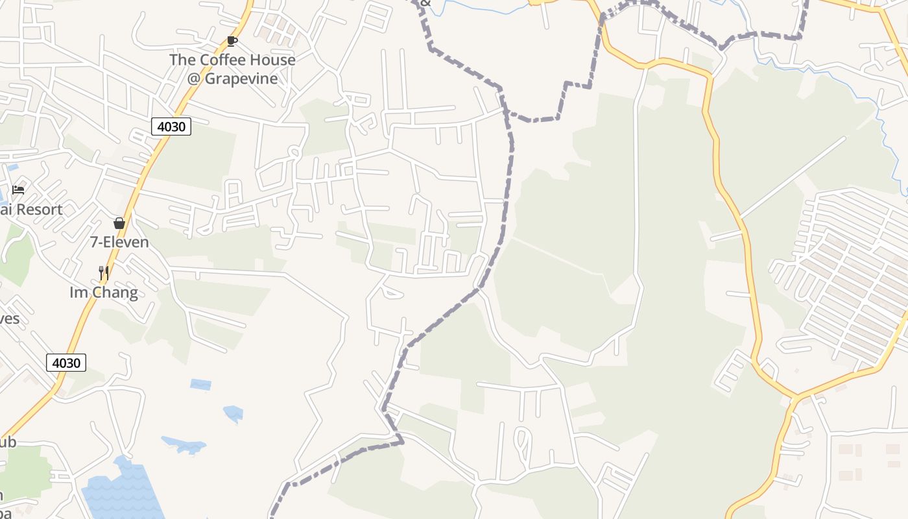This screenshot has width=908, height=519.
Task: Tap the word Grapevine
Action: (x=241, y=78)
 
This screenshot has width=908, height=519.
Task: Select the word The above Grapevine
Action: (x=182, y=60)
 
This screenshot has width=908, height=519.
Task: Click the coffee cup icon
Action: (x=232, y=42)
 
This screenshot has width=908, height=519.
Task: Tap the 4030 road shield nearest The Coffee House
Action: (x=171, y=127)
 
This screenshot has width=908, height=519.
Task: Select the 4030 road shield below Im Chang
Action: (x=66, y=363)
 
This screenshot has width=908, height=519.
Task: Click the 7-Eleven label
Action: (x=119, y=242)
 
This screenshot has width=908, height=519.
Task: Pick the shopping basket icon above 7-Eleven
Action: (x=119, y=223)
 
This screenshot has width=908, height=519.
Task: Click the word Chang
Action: (x=113, y=293)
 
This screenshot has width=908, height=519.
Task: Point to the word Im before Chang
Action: (x=77, y=293)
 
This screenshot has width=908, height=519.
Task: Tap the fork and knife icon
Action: (x=103, y=272)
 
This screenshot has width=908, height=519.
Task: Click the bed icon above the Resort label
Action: (x=18, y=190)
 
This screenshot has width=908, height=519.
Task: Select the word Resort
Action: (x=39, y=210)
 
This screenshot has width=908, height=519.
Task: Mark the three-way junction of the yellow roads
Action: (x=795, y=396)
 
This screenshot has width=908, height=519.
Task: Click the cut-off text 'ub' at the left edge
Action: (x=8, y=442)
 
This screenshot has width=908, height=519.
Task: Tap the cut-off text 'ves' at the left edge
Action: (x=9, y=319)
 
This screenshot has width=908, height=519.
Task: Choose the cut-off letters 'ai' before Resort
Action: (x=5, y=210)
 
